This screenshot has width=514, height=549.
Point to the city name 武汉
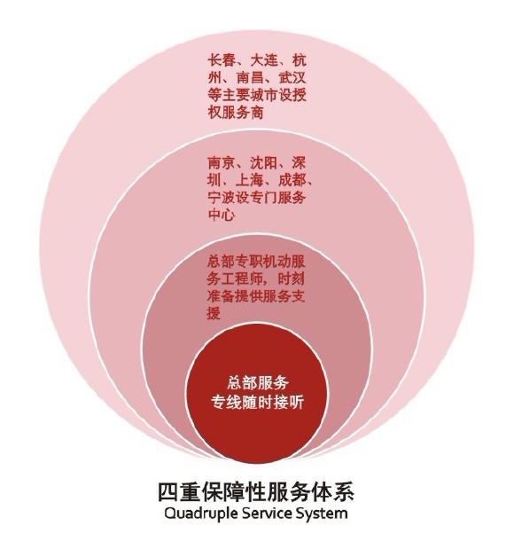coord(292,77)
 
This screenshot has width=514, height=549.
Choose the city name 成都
coord(292,180)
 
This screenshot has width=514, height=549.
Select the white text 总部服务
coord(258,382)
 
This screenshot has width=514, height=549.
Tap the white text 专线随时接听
coord(258,403)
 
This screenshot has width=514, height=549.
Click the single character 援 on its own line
coord(214,313)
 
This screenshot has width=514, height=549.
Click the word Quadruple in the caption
coord(198,514)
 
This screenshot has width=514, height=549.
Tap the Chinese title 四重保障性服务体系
coord(256,492)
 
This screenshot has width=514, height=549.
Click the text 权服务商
coord(236,112)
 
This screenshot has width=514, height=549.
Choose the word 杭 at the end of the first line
coord(300,60)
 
